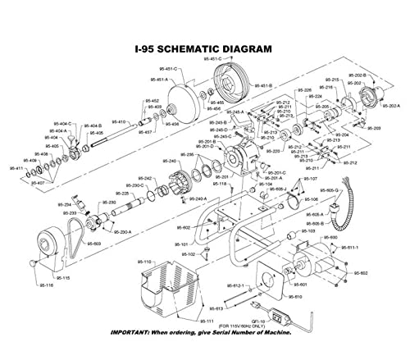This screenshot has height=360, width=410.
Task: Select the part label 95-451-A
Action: (156, 80)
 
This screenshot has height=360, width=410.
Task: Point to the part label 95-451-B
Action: (261, 85)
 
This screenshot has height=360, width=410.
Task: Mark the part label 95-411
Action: (16, 167)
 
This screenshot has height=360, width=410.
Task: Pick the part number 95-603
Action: (95, 244)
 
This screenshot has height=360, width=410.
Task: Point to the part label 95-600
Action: (333, 237)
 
